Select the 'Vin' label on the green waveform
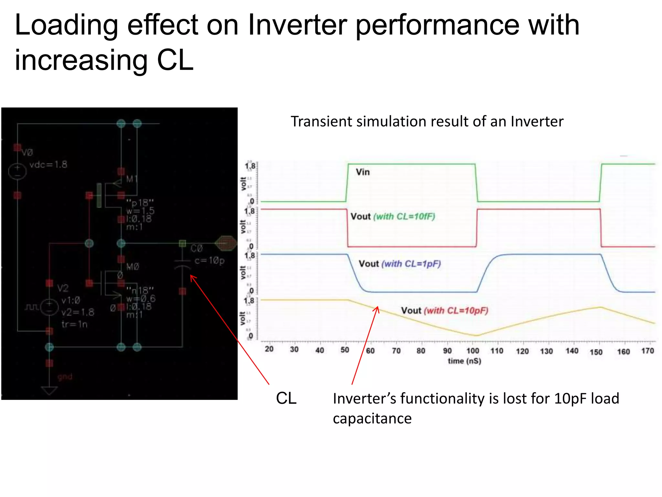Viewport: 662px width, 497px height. tap(363, 172)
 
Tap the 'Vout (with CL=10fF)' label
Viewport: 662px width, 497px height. tap(393, 216)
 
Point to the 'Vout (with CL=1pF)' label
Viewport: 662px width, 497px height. tap(400, 264)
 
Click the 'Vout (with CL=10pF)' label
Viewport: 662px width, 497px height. tap(444, 311)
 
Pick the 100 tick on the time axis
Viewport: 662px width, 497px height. tap(473, 351)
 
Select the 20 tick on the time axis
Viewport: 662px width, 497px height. tap(269, 349)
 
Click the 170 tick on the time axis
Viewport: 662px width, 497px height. tap(647, 351)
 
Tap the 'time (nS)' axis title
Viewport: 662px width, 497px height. tap(464, 361)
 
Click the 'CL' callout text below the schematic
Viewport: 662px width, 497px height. tap(286, 398)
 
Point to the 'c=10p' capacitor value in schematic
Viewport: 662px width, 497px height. tap(209, 260)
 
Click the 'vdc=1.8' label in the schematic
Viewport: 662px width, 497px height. tap(48, 165)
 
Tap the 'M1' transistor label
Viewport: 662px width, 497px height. tap(132, 179)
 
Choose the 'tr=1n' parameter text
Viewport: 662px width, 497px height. tap(74, 324)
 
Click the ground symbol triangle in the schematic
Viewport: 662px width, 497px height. tap(49, 390)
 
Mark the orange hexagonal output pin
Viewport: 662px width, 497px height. tap(226, 243)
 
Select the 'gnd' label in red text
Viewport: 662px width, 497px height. tap(65, 377)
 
